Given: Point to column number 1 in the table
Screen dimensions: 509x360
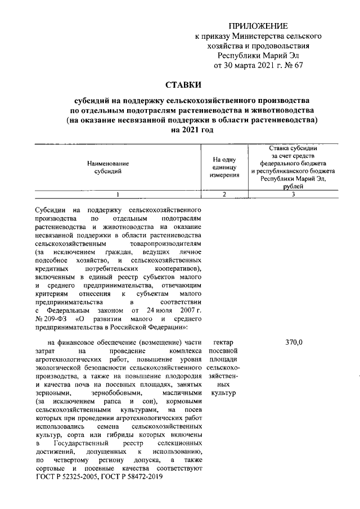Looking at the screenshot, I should [x=118, y=195].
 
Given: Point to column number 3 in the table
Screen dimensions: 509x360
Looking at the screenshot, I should [x=294, y=195].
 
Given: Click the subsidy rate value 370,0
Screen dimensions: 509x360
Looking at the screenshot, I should [x=294, y=343].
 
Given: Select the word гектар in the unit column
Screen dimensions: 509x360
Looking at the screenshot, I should [x=224, y=343].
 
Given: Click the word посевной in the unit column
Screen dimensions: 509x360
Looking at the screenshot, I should [x=224, y=350].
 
